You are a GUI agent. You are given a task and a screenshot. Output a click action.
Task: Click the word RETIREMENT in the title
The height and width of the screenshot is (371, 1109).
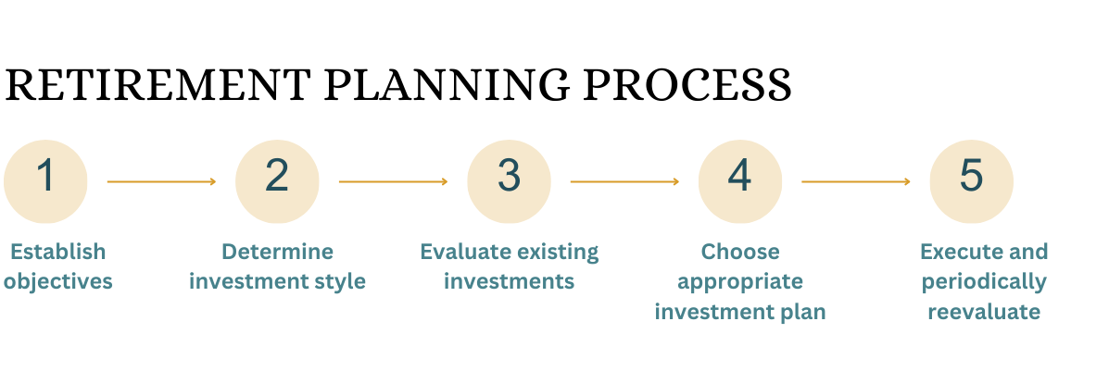[158, 85]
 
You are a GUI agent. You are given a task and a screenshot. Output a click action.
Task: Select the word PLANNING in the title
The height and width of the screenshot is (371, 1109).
[447, 85]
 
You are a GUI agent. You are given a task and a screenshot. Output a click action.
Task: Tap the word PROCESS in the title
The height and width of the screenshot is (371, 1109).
[687, 85]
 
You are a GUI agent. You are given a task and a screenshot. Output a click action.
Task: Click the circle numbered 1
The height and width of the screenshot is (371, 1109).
[45, 181]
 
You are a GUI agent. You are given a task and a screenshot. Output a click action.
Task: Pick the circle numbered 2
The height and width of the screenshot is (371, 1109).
[277, 181]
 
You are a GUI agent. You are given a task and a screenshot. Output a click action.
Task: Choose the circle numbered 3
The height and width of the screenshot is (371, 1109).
[510, 181]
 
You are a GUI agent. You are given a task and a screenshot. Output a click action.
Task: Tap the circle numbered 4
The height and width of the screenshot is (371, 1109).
[740, 181]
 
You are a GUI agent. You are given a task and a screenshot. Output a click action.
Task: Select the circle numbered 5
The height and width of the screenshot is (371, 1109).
[972, 181]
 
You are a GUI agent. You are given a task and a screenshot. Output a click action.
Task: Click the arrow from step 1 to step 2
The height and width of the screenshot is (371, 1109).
[161, 181]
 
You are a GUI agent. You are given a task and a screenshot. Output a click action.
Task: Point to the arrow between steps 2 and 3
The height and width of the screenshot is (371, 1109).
[393, 181]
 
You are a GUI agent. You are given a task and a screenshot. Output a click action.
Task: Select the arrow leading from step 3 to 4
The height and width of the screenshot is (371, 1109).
[624, 181]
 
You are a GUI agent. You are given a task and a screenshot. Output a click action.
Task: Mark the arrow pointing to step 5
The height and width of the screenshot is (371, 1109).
[856, 181]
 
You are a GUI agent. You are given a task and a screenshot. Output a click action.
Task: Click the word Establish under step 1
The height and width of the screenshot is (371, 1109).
[58, 252]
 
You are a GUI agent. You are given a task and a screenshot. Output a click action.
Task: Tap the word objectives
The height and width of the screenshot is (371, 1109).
[58, 282]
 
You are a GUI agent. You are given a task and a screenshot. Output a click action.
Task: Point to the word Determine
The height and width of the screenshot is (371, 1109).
[277, 252]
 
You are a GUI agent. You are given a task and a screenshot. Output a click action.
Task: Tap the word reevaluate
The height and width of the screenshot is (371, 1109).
[984, 312]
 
